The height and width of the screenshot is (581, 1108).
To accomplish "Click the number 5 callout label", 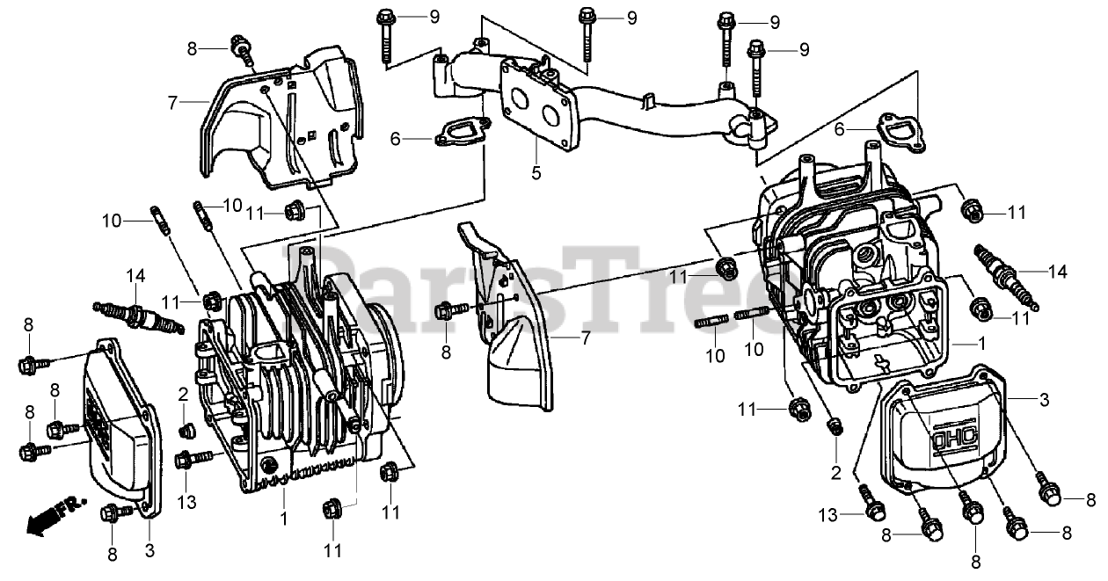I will tap(536, 173).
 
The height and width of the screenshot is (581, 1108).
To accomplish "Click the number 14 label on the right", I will tap(1058, 272).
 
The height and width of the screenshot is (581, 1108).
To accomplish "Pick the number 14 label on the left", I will tap(135, 275).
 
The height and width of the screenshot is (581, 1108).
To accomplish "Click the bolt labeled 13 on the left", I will tap(194, 458).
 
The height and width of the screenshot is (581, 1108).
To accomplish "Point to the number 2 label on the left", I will tap(183, 393).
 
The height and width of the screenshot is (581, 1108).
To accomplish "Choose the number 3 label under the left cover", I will tap(149, 551).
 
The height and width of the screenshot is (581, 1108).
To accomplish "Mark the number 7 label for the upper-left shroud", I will tap(173, 103).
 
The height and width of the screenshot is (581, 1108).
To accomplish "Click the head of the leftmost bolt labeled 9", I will tap(384, 17).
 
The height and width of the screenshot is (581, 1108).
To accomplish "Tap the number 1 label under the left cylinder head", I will tap(283, 519).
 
